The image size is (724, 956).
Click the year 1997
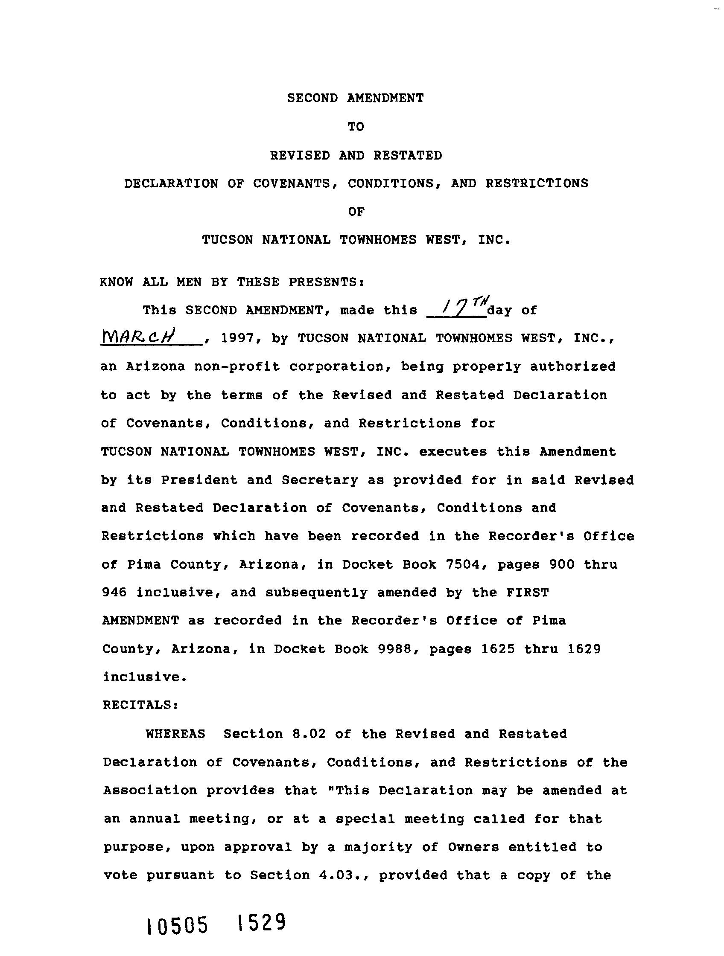click(x=236, y=338)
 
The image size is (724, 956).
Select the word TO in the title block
click(x=356, y=127)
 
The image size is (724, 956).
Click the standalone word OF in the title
click(x=356, y=212)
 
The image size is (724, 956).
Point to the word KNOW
click(x=117, y=282)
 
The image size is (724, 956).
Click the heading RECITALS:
click(x=140, y=705)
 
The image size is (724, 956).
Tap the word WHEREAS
click(x=175, y=734)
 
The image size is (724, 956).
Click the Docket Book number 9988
click(x=394, y=649)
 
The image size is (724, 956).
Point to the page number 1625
click(x=498, y=649)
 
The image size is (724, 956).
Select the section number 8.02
click(x=309, y=734)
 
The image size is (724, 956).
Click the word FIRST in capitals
click(x=527, y=593)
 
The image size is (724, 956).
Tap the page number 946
click(x=114, y=593)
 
